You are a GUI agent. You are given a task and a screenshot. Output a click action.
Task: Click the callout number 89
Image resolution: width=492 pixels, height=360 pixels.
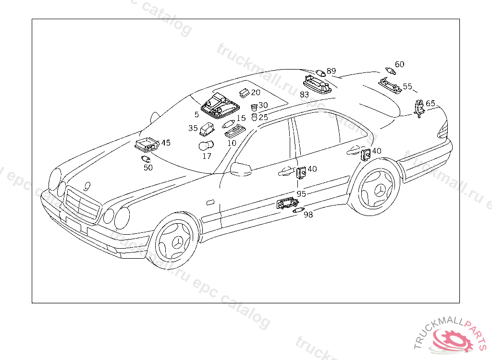[331, 72]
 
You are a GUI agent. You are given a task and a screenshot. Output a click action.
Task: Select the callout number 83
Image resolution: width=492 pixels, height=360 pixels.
[304, 95]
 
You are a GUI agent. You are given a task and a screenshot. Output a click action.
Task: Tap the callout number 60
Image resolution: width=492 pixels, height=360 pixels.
[399, 64]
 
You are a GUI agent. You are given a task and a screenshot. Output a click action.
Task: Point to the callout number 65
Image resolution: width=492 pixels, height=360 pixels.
[430, 103]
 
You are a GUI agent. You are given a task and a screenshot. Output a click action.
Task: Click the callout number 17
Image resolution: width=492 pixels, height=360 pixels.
[207, 156]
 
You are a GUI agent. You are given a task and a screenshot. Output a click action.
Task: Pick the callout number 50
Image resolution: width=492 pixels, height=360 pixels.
[148, 168]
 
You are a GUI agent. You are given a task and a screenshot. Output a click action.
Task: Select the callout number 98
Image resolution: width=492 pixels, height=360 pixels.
[308, 215]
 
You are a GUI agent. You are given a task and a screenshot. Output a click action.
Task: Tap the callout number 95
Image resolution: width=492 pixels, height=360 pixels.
[301, 194]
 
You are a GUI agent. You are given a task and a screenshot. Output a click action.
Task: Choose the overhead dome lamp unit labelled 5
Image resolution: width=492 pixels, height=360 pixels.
[216, 107]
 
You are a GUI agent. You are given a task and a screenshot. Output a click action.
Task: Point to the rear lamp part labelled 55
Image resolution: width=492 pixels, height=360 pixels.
[390, 86]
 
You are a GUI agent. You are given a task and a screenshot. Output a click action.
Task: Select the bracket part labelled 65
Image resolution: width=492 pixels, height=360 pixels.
[419, 108]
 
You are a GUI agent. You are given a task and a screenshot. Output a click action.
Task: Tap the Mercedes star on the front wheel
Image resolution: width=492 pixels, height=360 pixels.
[177, 242]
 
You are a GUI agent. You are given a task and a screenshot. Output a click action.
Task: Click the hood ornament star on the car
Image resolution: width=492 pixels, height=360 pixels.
[87, 185]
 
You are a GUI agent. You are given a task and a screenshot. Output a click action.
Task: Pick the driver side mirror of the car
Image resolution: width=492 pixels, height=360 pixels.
[241, 168]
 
